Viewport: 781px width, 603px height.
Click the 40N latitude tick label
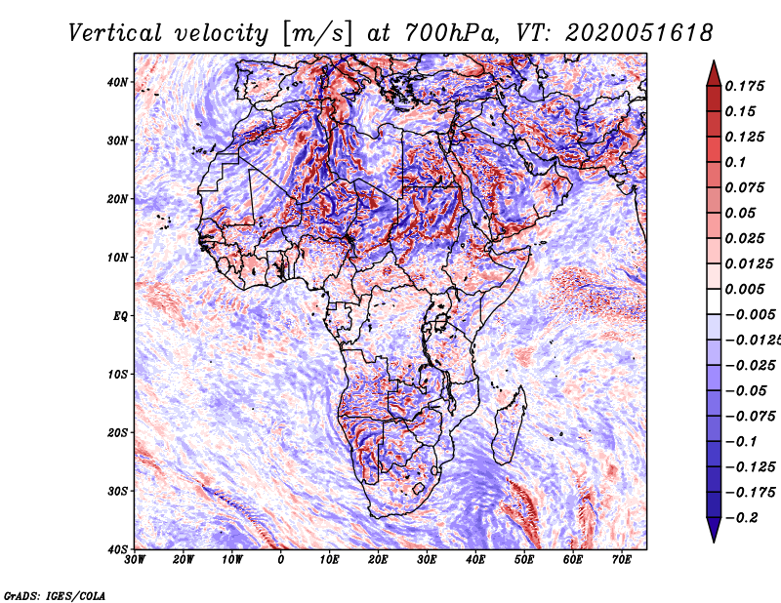coord(117,82)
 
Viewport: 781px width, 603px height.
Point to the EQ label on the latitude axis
coord(120,316)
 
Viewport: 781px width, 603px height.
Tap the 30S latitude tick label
coord(117,492)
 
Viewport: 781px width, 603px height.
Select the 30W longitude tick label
coord(135,560)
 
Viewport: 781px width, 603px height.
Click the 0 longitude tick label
coord(281,560)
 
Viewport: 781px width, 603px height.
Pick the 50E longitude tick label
coord(524,560)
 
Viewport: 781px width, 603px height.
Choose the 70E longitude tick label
coord(622,560)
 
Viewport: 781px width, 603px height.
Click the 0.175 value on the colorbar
coord(744,86)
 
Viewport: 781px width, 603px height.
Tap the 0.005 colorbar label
coord(744,289)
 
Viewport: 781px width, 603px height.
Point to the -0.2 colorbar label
coord(741,518)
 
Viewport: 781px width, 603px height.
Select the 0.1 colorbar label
coord(735,162)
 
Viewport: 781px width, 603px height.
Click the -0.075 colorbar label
coord(750,417)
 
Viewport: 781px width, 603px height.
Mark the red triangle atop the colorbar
coord(714,74)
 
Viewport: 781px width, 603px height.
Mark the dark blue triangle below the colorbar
coord(714,530)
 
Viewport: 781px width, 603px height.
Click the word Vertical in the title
coord(115,33)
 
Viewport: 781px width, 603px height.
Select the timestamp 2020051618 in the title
coord(638,33)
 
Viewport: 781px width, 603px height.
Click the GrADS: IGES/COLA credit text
coord(55,596)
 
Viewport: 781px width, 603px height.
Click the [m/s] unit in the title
coord(317,34)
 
